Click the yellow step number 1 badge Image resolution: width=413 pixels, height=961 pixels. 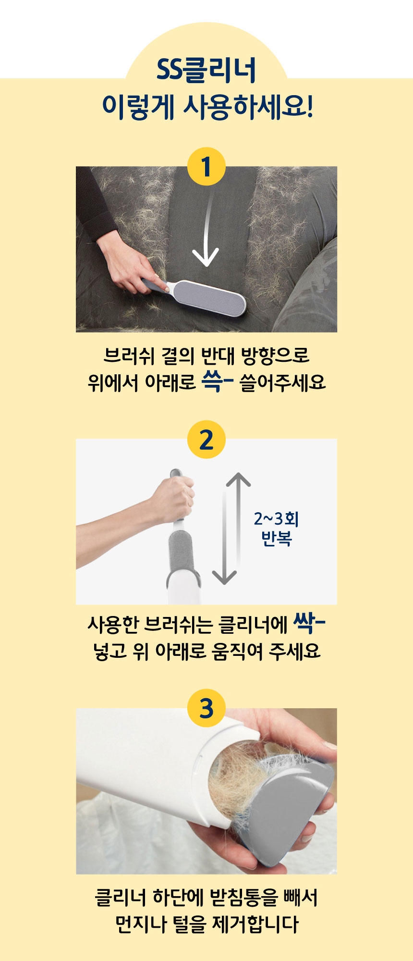pos(206,167)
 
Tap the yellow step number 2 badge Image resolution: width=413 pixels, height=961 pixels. pos(206,439)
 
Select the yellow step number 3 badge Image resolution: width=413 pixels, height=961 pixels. pos(206,708)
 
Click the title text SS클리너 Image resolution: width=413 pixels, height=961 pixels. pos(206,70)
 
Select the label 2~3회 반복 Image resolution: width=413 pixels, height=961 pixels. pos(277,528)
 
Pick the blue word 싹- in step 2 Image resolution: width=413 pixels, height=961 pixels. pos(309,623)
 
